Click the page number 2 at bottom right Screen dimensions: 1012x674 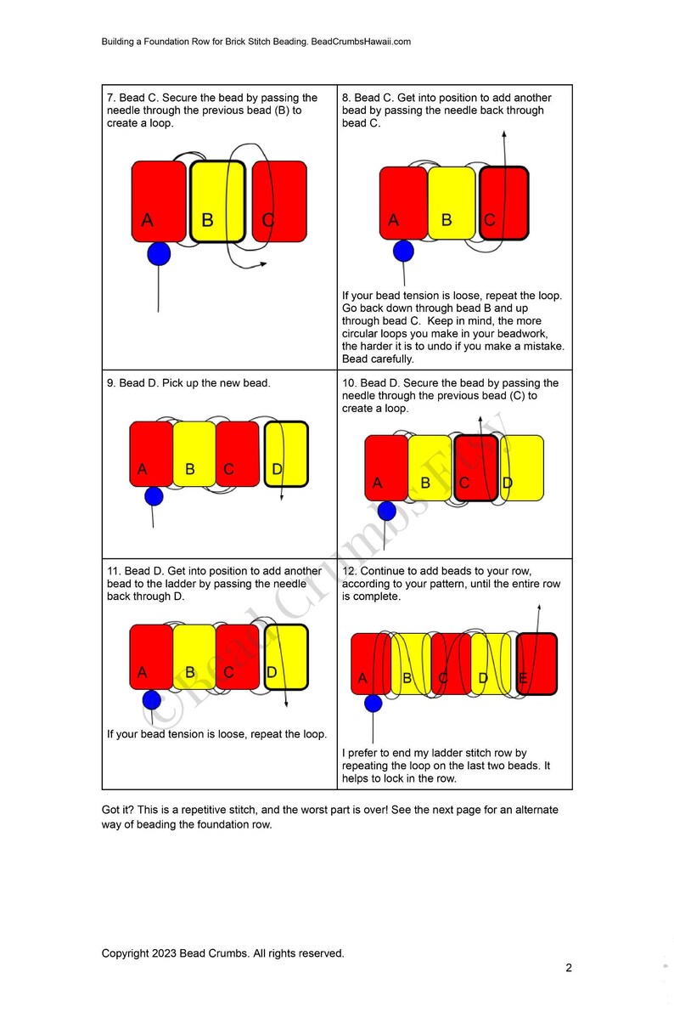pyautogui.click(x=569, y=967)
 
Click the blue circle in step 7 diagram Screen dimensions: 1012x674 pyautogui.click(x=159, y=253)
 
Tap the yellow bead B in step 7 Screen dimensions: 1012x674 pyautogui.click(x=217, y=201)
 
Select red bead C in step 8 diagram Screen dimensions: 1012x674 pyautogui.click(x=503, y=203)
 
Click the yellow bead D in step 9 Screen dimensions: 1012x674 pyautogui.click(x=286, y=454)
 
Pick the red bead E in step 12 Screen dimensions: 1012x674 pyautogui.click(x=536, y=664)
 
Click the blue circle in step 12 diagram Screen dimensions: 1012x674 pyautogui.click(x=373, y=703)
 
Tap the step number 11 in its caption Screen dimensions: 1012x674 pyautogui.click(x=114, y=571)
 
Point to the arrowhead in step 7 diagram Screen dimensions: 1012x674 pyautogui.click(x=263, y=264)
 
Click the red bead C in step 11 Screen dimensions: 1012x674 pyautogui.click(x=237, y=657)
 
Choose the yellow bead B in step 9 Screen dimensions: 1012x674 pyautogui.click(x=194, y=454)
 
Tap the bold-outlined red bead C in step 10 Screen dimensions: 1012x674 pyautogui.click(x=475, y=467)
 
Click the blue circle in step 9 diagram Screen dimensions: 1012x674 pyautogui.click(x=154, y=496)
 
